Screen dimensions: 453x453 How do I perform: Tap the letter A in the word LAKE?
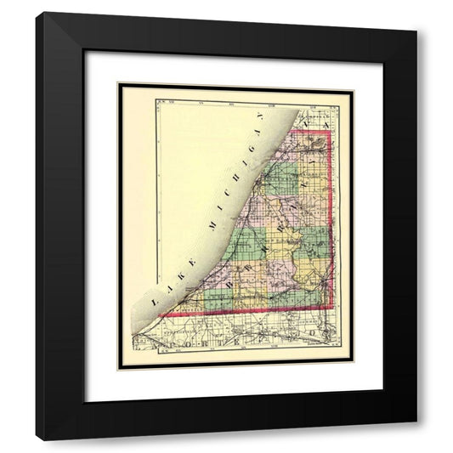click(161, 291)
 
